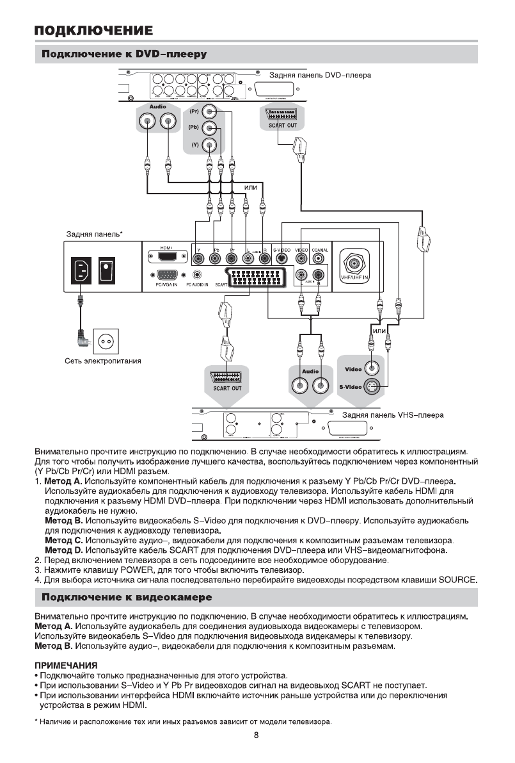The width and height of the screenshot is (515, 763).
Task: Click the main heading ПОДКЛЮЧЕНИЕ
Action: (93, 30)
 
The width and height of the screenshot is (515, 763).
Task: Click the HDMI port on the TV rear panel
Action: (166, 258)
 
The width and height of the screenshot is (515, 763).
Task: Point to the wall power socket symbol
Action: (106, 340)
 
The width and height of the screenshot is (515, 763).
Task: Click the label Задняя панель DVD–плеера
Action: (319, 75)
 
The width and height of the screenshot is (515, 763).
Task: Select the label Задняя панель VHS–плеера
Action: (393, 414)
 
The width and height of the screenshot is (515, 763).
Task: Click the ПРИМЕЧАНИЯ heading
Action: (66, 666)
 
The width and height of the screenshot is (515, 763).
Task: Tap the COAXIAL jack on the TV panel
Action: (320, 259)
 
